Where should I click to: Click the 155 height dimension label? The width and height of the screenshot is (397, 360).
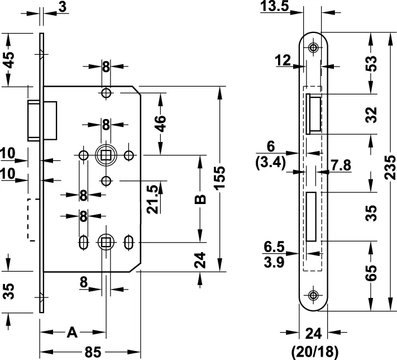click(219, 178)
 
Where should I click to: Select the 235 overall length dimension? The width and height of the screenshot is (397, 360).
click(390, 168)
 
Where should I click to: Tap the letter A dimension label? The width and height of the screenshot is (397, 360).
click(72, 333)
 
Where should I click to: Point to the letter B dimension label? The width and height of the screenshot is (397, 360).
click(200, 199)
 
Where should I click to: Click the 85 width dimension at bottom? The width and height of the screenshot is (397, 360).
click(93, 352)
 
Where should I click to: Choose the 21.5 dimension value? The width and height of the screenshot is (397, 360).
click(152, 199)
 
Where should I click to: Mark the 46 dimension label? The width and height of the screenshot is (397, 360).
click(160, 124)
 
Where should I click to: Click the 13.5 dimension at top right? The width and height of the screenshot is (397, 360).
click(275, 6)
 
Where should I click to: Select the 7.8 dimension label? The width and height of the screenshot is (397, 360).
click(341, 165)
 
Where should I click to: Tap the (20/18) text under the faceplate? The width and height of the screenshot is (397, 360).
click(315, 352)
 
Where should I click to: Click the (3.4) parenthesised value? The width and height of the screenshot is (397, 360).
click(271, 163)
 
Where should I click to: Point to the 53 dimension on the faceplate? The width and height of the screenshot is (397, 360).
click(372, 63)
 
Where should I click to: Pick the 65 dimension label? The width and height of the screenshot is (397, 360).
click(372, 273)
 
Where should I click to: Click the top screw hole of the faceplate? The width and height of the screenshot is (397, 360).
click(313, 48)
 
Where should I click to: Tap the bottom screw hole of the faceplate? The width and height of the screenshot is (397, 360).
click(313, 295)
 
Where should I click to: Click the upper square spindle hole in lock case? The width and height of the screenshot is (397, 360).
click(106, 155)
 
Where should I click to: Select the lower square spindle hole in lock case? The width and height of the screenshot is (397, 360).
click(106, 243)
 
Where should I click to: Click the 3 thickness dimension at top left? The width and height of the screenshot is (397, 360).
click(63, 7)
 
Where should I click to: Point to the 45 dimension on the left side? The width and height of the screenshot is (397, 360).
click(9, 60)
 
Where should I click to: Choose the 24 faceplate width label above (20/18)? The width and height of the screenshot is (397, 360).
click(313, 333)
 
